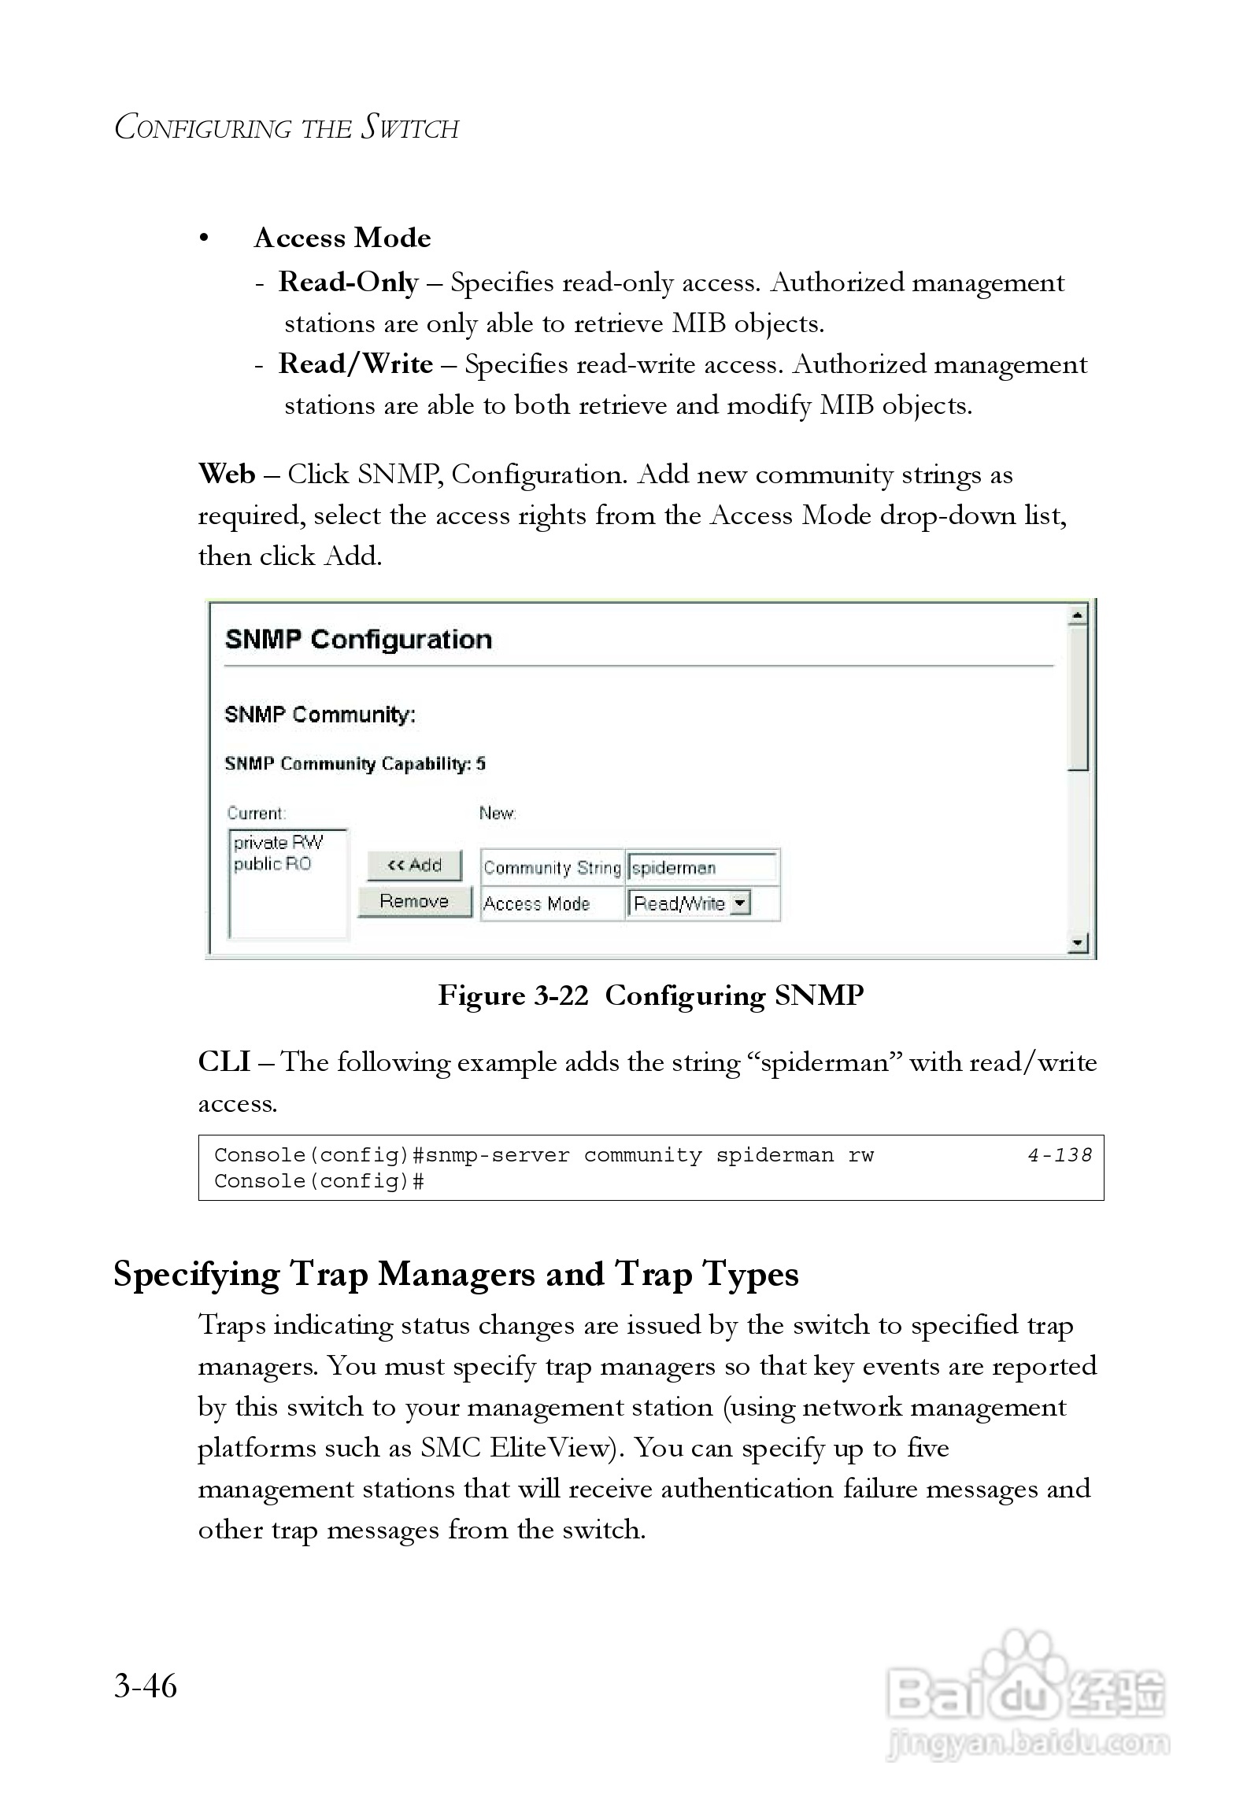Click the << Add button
point(414,865)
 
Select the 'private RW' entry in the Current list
point(278,843)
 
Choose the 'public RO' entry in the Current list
point(272,864)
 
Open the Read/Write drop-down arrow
point(740,903)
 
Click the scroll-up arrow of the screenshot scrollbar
point(1078,615)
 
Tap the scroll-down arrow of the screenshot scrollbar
point(1078,942)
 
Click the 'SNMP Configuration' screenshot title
point(358,639)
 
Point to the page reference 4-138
point(1060,1155)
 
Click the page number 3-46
point(146,1686)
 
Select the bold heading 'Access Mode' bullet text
point(342,238)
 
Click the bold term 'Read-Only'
point(348,282)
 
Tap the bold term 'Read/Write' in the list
point(356,364)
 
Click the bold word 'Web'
point(227,474)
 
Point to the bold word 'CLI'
point(224,1062)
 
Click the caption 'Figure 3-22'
point(513,995)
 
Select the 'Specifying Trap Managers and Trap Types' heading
point(456,1273)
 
